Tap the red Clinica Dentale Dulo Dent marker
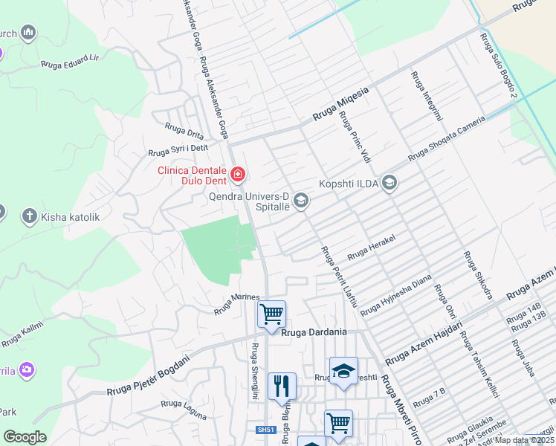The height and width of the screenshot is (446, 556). (238, 175)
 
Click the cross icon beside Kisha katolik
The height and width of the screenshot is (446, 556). (29, 216)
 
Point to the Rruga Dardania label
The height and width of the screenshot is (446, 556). (314, 332)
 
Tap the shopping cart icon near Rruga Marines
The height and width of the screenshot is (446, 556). (271, 313)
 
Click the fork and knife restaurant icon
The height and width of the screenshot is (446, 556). (282, 385)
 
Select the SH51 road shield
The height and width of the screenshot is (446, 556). (266, 430)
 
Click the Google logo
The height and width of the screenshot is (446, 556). (25, 437)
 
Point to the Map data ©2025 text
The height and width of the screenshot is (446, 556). (525, 440)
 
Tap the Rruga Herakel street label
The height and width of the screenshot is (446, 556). (370, 248)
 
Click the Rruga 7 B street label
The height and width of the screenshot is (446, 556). (429, 398)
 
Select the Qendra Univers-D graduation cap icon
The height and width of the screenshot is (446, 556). (301, 200)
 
